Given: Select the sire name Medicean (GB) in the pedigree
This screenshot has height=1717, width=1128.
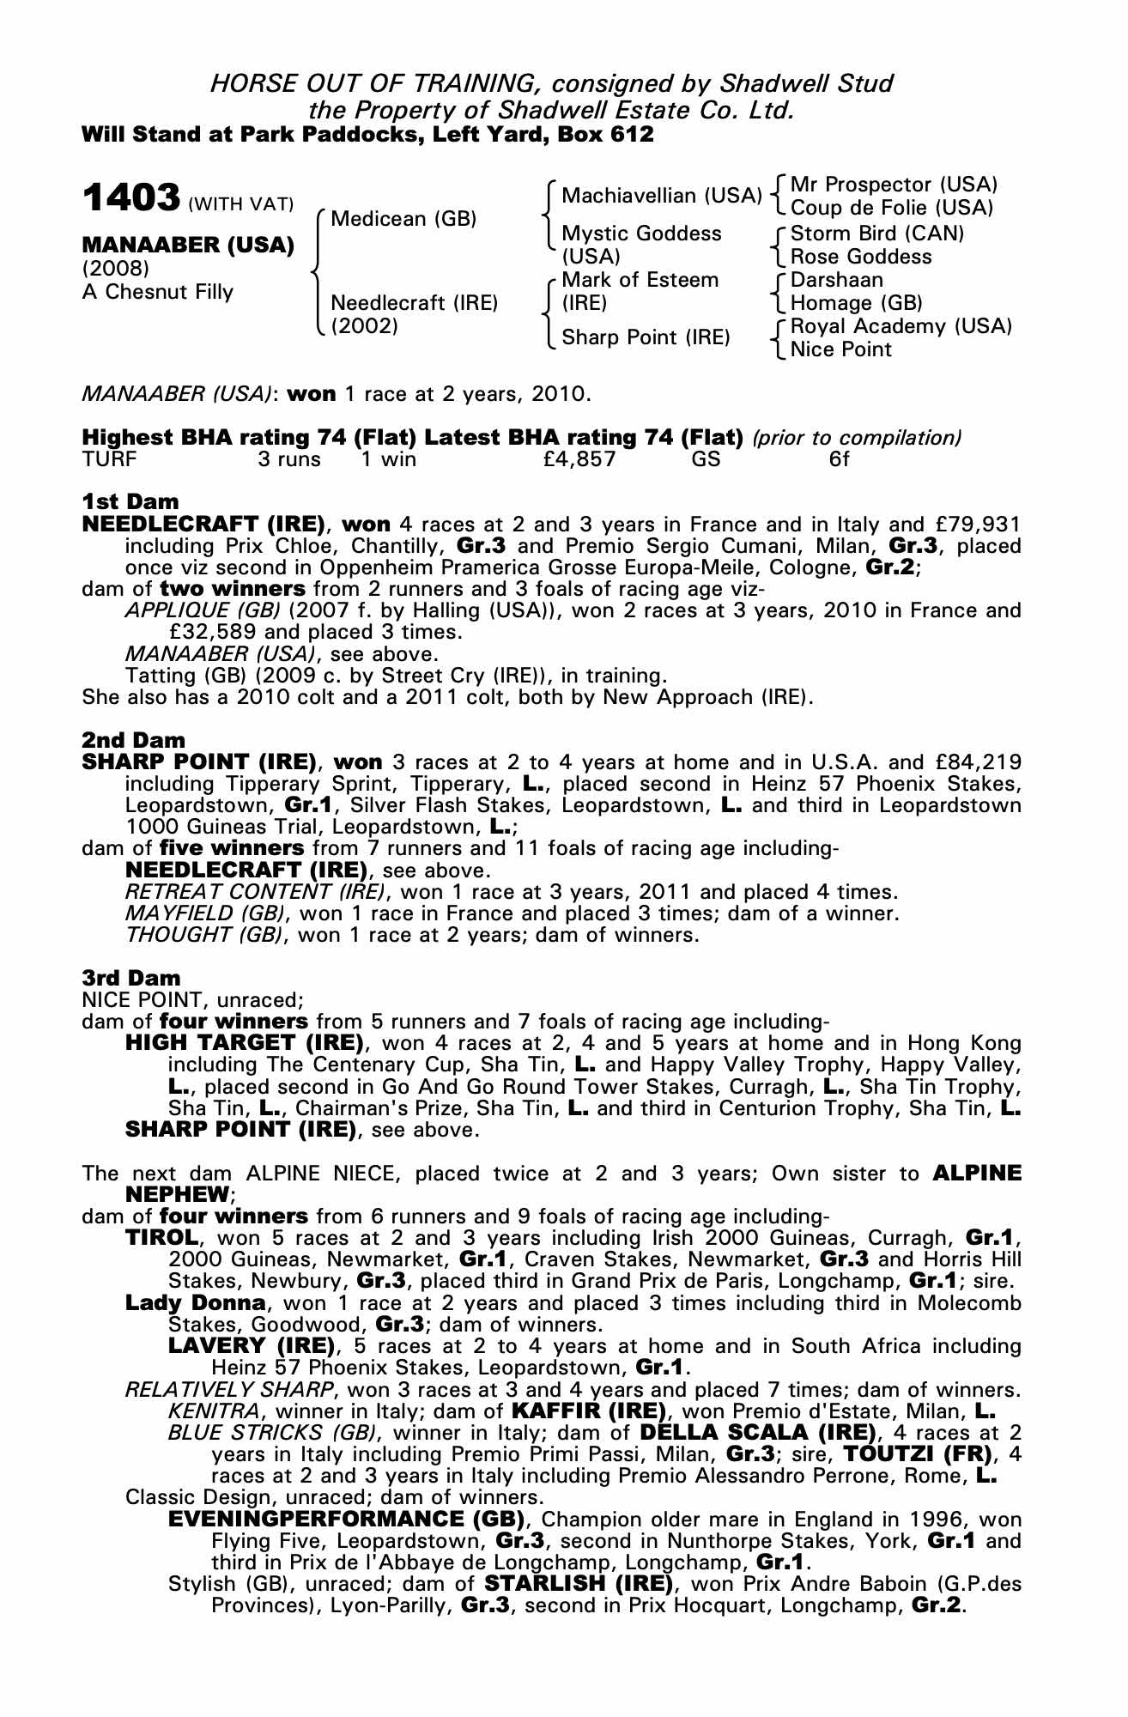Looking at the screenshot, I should click(x=403, y=219).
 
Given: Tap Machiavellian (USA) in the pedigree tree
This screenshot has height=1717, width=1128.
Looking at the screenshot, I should click(x=661, y=196).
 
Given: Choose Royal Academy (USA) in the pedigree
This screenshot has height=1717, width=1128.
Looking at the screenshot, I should click(x=901, y=326).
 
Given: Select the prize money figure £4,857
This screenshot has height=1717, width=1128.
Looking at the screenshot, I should click(x=579, y=459).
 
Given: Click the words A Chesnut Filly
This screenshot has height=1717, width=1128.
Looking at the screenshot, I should click(x=158, y=292).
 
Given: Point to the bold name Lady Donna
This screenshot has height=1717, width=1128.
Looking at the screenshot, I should click(x=195, y=1302).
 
